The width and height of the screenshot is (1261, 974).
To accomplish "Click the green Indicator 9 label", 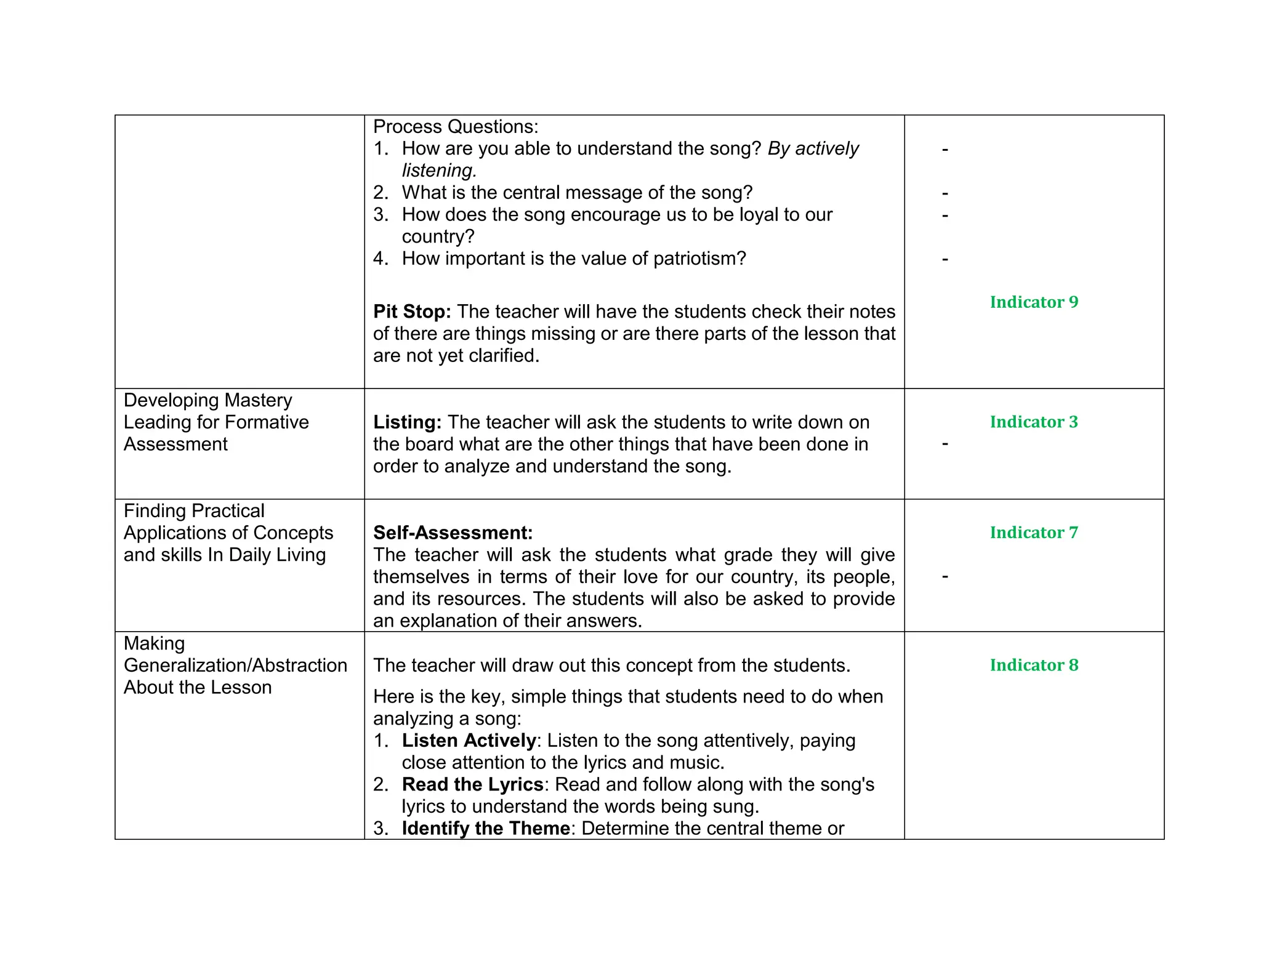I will [x=1034, y=302].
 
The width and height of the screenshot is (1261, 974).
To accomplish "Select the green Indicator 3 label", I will [x=1034, y=422].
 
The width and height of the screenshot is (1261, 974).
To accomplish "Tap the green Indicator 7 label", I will [x=1034, y=533].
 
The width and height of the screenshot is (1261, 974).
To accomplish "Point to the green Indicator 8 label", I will [x=1034, y=666].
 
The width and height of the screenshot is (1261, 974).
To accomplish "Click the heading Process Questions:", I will [x=456, y=127].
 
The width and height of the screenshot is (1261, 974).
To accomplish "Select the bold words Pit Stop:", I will [x=412, y=312].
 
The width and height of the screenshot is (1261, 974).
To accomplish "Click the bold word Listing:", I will [x=407, y=422].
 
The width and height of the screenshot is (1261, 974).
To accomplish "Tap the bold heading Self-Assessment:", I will [x=453, y=533].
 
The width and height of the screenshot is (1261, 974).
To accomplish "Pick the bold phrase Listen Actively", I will [x=469, y=741].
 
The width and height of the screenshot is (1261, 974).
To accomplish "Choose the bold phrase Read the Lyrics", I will [x=472, y=784].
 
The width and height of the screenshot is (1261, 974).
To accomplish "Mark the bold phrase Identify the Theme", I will [x=486, y=829].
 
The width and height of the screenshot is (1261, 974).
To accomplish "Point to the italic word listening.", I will [x=439, y=171].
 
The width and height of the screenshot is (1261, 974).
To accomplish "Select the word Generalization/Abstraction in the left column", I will [x=235, y=666].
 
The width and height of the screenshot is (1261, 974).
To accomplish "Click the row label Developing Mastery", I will [x=207, y=400].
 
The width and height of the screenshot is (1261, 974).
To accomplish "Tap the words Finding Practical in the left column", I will [x=194, y=511].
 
